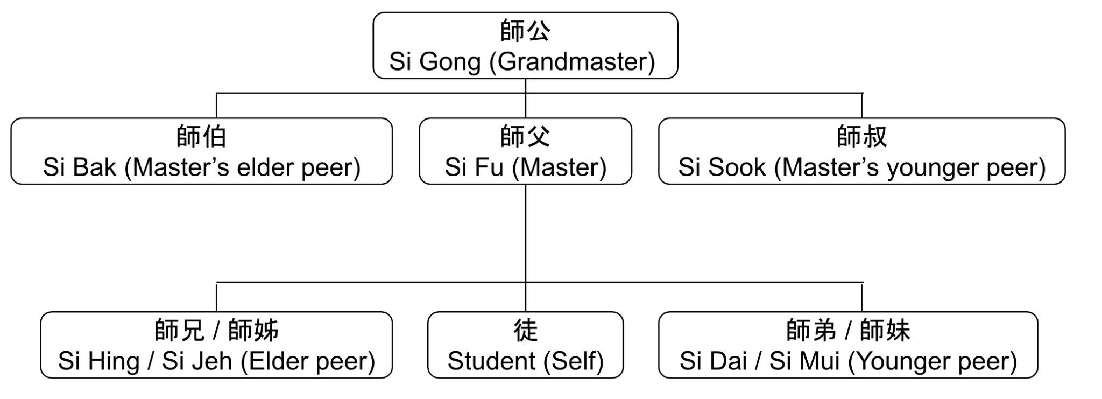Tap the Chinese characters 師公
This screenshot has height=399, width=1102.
tap(525, 31)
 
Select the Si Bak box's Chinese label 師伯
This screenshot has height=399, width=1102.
tap(201, 136)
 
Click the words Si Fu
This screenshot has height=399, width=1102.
tap(474, 167)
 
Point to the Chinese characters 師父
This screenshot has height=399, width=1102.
tap(525, 136)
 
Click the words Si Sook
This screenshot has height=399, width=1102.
tap(722, 167)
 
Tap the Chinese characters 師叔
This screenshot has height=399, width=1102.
tap(861, 136)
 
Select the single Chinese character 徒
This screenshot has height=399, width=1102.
tap(525, 330)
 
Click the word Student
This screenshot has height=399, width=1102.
tap(491, 361)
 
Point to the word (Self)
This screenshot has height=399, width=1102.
tap(574, 361)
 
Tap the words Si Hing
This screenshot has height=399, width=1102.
tap(98, 361)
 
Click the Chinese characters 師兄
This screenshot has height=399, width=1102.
tap(179, 330)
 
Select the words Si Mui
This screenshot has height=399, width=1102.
tap(804, 361)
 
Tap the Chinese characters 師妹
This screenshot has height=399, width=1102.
tap(885, 330)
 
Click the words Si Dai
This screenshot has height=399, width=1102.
tap(714, 361)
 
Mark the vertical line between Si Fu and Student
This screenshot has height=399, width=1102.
tap(526, 237)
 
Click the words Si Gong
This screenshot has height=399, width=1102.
tap(435, 61)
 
